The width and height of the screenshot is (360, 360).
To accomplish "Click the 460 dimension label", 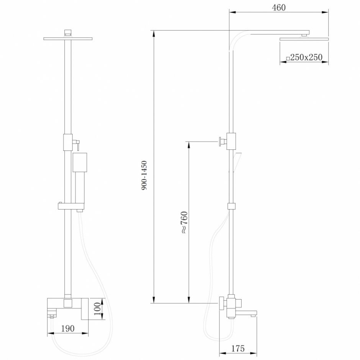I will point(278,7).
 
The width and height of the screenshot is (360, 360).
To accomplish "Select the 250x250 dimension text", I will point(306,57).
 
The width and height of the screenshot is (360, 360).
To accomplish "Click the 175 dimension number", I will point(238,349).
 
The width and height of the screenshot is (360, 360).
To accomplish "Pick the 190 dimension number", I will point(67,328).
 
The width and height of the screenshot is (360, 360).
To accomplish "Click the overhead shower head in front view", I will point(68,38).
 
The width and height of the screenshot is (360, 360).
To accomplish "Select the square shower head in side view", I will point(304,39).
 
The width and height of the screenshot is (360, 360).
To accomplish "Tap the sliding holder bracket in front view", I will point(71,206).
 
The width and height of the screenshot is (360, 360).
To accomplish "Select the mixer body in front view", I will point(68,306).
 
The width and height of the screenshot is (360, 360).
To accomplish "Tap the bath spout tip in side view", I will point(253,314).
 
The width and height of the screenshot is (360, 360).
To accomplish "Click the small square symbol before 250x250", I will point(288,59).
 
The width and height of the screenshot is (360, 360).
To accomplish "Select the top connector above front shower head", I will point(68,32).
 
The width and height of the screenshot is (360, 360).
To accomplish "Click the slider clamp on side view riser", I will point(231,206).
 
